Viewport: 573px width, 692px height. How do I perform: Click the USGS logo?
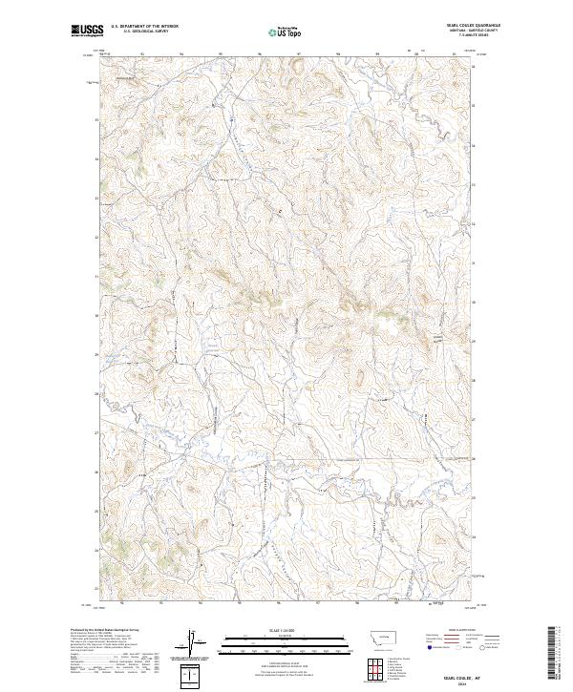[84, 31]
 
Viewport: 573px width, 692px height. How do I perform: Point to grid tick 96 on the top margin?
[260, 52]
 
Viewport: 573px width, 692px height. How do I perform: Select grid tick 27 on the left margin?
[95, 432]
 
